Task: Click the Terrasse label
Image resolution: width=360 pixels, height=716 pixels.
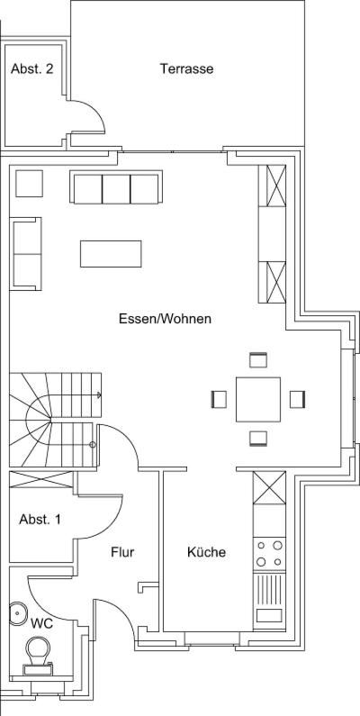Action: [186, 69]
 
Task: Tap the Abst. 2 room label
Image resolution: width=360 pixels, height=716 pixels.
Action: [31, 69]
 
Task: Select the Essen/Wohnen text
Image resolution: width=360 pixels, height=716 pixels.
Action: [166, 319]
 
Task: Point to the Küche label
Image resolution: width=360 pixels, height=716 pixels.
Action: [206, 552]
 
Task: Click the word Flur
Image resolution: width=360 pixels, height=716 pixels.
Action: [122, 552]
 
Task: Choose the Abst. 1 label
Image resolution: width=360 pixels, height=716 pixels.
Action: [40, 519]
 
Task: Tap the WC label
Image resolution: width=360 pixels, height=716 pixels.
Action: [41, 623]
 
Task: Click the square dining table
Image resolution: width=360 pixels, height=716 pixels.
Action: [257, 399]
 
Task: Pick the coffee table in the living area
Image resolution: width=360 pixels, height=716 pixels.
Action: [111, 253]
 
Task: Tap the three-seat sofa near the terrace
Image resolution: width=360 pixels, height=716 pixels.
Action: [116, 186]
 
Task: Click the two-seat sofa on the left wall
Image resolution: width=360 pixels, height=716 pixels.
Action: [25, 253]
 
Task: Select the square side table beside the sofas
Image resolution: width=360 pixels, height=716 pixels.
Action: [29, 184]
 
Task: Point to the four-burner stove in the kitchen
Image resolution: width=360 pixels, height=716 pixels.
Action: [269, 553]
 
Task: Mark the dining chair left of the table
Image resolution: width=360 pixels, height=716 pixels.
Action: [219, 399]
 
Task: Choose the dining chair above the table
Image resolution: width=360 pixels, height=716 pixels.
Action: [257, 360]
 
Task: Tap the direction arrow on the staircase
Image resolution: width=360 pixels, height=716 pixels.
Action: [98, 394]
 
